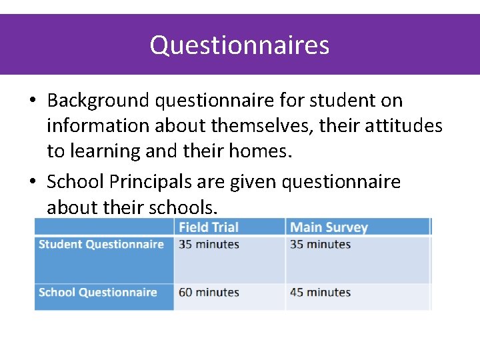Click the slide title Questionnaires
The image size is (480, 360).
pos(239,45)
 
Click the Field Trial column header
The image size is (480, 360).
pos(208,227)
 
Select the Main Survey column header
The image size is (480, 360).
pos(329,227)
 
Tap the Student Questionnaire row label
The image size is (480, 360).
pos(101,245)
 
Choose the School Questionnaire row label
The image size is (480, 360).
pos(98,293)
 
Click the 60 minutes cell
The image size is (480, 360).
pos(209,293)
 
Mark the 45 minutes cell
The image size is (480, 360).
pos(320,293)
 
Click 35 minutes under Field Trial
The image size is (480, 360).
pos(209,245)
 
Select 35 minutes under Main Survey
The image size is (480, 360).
pos(320,245)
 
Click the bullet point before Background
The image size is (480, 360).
pos(32,101)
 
